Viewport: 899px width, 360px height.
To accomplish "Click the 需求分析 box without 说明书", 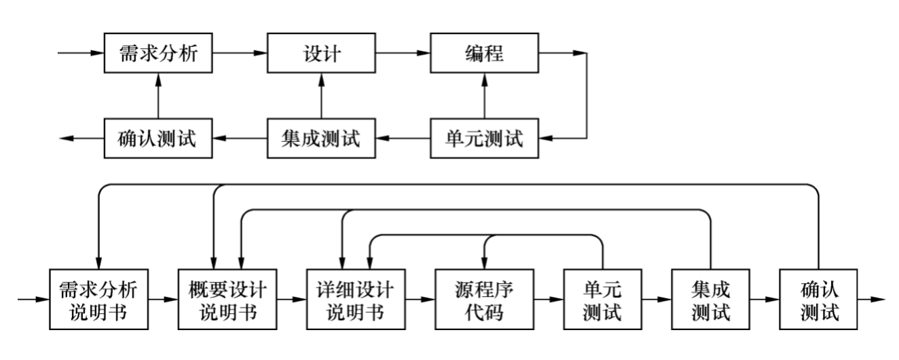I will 158,53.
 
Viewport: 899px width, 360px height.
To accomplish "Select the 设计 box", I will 321,53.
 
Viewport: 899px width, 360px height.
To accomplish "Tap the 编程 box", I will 484,53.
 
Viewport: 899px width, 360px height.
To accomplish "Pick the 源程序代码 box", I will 484,298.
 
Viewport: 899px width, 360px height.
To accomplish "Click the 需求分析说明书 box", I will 99,298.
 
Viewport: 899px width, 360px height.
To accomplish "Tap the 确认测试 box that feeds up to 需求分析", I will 158,139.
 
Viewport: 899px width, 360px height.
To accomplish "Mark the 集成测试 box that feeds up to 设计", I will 321,139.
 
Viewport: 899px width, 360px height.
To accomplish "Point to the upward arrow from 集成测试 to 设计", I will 321,96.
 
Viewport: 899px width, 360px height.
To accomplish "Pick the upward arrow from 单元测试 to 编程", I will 484,96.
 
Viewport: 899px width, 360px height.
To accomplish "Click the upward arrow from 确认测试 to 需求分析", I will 158,96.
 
